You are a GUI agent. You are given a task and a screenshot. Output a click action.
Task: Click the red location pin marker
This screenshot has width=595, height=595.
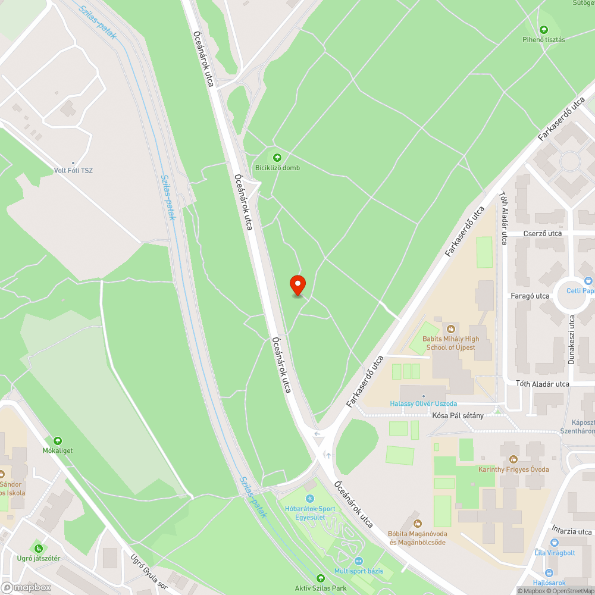(297, 285)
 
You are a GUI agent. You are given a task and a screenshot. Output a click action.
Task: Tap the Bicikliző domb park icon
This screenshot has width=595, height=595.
(277, 157)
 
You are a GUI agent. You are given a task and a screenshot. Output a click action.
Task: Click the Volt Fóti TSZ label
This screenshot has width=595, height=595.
(73, 171)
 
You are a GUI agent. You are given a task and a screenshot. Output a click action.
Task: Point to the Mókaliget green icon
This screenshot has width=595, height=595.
(57, 441)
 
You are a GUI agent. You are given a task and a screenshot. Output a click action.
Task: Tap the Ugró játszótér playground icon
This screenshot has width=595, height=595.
(38, 547)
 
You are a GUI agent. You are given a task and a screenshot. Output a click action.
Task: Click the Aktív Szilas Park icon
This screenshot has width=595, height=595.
(321, 578)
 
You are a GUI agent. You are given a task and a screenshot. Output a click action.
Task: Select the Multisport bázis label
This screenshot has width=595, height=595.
(359, 571)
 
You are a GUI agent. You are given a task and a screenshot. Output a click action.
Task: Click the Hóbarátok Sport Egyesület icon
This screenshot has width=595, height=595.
(309, 499)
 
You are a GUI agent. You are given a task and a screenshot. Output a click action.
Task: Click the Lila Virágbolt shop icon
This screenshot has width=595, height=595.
(555, 542)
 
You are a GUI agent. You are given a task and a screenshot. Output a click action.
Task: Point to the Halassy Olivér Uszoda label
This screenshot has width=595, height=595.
(423, 404)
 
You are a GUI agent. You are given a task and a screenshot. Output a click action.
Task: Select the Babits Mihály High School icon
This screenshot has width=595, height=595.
(451, 328)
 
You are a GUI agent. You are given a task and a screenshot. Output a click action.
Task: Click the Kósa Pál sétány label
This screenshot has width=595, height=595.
(458, 415)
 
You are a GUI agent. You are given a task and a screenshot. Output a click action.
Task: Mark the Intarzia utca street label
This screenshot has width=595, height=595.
(571, 531)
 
